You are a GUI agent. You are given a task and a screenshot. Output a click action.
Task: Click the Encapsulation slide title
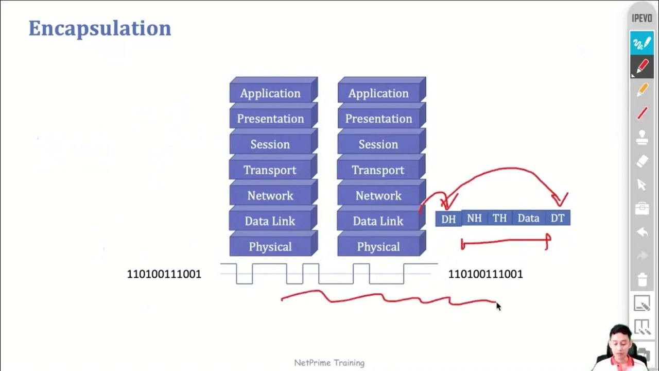click(99, 28)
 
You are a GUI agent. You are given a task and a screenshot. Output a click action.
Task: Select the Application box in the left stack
click(270, 93)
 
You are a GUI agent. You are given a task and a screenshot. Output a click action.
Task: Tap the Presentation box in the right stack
click(378, 119)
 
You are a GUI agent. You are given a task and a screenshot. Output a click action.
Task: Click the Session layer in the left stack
click(270, 144)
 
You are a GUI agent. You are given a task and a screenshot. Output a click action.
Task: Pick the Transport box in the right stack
click(378, 170)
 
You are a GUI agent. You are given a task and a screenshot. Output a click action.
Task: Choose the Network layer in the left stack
click(270, 195)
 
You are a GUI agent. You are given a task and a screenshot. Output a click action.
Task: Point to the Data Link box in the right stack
click(378, 221)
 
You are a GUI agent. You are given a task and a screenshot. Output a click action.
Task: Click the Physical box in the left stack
click(270, 247)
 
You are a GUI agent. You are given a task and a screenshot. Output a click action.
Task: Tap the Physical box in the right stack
click(378, 247)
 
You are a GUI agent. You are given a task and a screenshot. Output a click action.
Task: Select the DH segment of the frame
click(448, 219)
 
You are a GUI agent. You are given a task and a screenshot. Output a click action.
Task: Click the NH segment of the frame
click(474, 218)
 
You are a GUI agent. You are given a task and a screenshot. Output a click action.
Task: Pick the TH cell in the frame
click(499, 218)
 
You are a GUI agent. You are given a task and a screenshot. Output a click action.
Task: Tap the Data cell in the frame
click(528, 218)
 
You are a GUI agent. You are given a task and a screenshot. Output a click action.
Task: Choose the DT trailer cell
click(558, 218)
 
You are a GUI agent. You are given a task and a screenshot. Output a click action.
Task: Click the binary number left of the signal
click(164, 274)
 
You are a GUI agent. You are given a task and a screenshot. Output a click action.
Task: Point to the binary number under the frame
click(485, 274)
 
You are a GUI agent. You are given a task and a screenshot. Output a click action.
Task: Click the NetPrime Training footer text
click(329, 363)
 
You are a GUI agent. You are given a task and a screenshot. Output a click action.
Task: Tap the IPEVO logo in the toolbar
click(642, 19)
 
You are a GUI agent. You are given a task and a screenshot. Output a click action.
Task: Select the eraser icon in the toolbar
click(642, 161)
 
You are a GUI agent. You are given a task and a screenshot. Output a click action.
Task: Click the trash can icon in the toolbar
click(642, 280)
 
